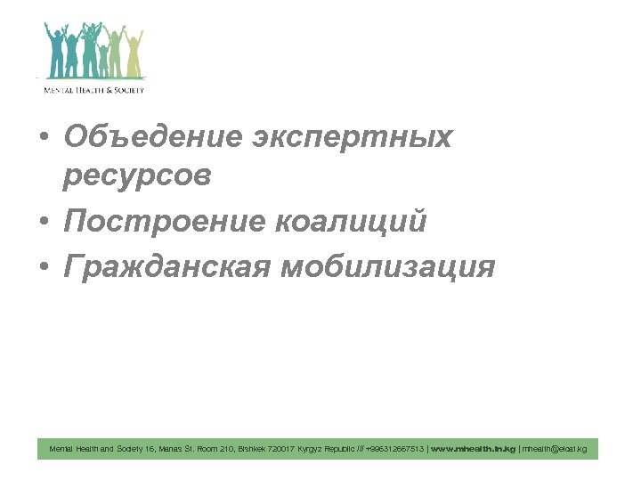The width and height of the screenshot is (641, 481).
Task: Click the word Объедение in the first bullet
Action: click(152, 137)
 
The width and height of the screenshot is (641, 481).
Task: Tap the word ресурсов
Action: click(137, 176)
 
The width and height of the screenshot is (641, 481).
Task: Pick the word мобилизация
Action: click(387, 265)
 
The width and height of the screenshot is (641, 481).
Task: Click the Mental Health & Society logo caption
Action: click(94, 89)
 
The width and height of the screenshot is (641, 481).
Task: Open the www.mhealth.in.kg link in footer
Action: click(473, 449)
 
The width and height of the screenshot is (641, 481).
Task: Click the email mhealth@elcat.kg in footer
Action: click(555, 449)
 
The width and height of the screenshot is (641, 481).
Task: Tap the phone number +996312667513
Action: click(395, 449)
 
